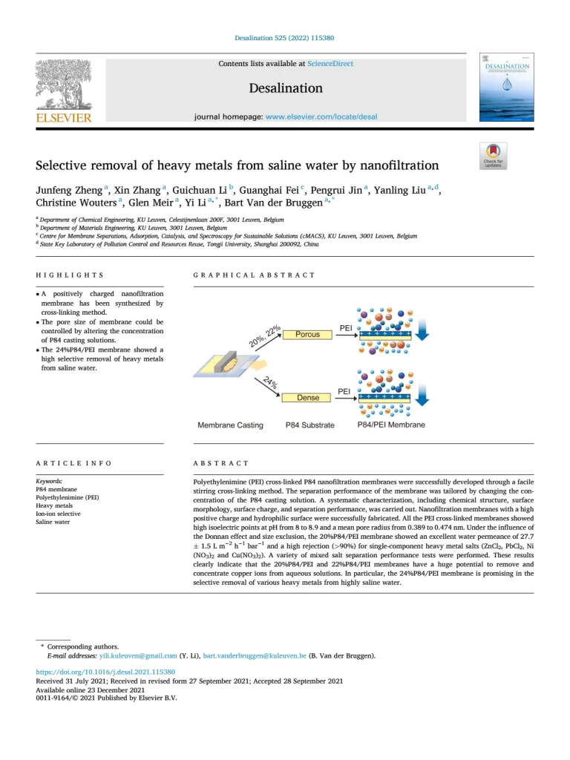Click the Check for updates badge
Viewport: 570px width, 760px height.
(493, 156)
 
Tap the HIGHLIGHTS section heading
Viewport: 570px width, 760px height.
(70, 275)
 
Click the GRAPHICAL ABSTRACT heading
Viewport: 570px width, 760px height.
(254, 275)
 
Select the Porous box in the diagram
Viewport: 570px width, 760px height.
(307, 335)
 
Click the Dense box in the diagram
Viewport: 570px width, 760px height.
(307, 398)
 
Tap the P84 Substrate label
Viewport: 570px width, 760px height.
(309, 425)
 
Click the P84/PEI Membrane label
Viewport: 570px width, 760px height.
(391, 425)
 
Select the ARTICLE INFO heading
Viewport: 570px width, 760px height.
(73, 463)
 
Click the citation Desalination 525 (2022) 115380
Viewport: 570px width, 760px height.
(284, 38)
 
